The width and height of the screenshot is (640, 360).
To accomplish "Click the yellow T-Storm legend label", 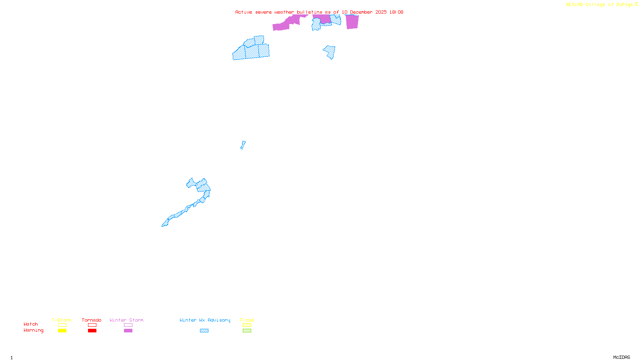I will pos(62,320).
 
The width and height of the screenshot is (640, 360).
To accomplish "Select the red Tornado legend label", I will pos(92,320).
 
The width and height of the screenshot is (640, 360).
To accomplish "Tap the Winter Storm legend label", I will pos(126,320).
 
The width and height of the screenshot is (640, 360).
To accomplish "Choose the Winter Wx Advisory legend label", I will pos(205,320).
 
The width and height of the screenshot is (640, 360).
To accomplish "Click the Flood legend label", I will pos(247,320).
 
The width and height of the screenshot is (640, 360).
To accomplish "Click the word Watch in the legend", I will pos(31,324).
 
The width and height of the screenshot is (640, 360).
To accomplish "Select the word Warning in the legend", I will pos(34,330).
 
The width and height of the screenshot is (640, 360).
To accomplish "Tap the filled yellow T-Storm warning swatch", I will pos(62,331).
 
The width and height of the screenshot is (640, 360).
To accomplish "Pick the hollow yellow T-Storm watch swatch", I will pos(62,325).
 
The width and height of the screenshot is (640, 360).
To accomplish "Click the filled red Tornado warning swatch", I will pos(92,331).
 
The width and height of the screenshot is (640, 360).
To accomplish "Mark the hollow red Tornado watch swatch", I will pos(92,325).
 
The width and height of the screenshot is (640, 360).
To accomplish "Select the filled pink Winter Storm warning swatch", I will pos(128,331).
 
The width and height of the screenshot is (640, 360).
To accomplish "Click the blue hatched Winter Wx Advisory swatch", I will pos(204,331).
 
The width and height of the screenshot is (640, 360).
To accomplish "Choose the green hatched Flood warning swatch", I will pos(247,331).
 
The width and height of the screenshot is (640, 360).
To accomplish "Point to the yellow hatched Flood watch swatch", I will pos(247,325).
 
